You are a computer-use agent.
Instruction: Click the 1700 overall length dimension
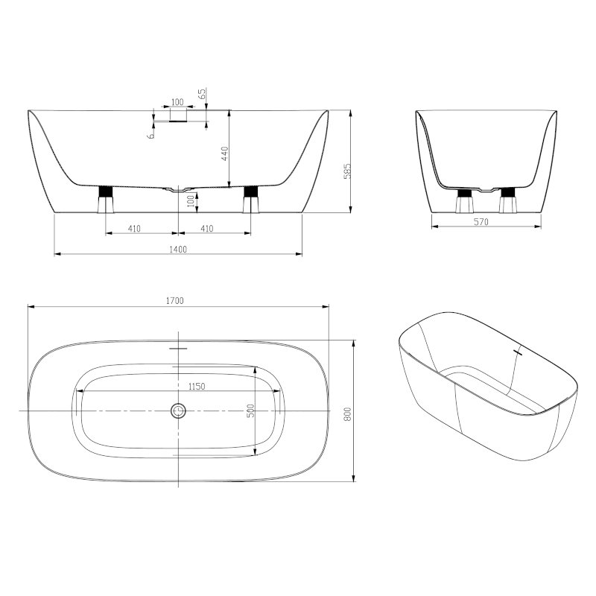pos(175,301)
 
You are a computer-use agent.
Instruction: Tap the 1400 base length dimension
pos(178,250)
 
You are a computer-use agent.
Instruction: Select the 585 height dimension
pos(346,171)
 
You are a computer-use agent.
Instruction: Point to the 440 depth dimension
pos(224,153)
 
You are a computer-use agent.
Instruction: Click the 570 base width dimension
pos(481,221)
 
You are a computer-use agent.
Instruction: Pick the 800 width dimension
pos(347,414)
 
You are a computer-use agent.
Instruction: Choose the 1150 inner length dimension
pos(197,387)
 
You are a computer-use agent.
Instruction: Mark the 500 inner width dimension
pos(250,410)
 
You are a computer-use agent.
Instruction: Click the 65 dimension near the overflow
pos(202,94)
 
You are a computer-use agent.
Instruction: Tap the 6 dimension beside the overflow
pos(151,135)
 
